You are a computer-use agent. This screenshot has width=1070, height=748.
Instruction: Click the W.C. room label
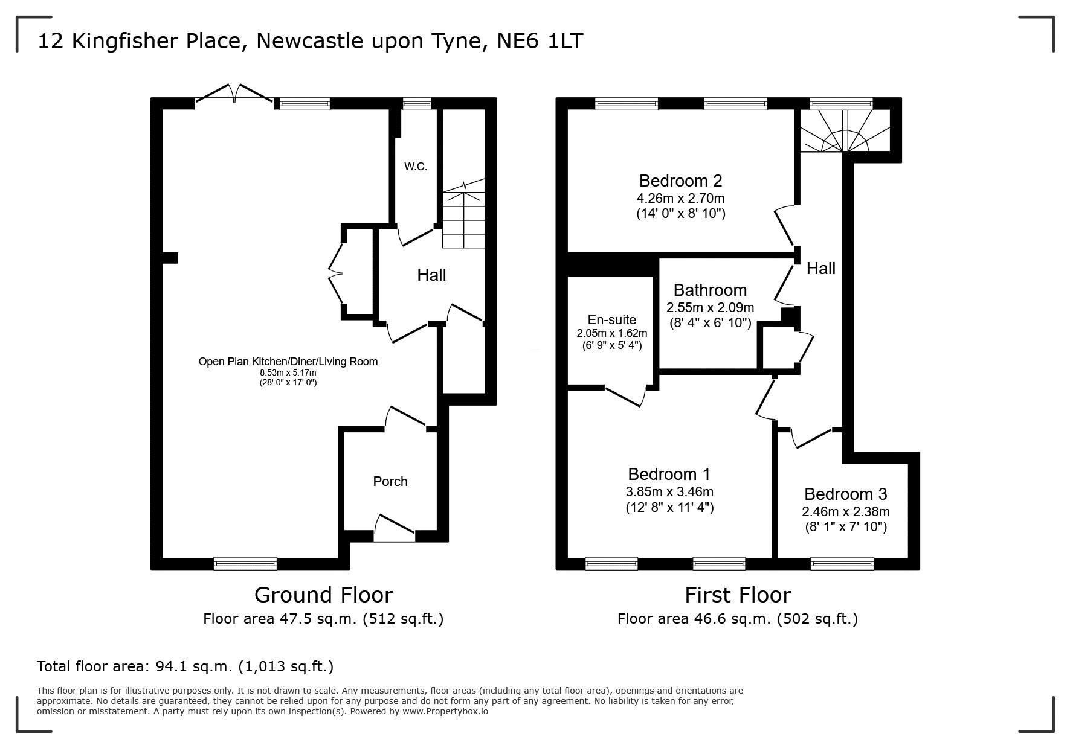pos(416,167)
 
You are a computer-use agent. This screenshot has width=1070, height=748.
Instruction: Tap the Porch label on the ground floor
pos(390,481)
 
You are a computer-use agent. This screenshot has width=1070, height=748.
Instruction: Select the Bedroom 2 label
pos(680,181)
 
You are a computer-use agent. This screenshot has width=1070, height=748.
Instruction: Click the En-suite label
pos(612,320)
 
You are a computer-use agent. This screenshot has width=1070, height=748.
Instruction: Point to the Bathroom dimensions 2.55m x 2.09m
pos(710,307)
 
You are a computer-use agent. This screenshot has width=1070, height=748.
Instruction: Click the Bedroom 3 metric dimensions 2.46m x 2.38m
pos(845,511)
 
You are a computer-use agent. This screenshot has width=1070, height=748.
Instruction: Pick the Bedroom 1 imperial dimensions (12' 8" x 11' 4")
pos(669,508)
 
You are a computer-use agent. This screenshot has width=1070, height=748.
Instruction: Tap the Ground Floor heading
pos(323,595)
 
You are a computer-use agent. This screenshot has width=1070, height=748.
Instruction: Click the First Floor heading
pos(738,595)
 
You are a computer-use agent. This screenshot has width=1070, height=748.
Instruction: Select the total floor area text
pos(185,666)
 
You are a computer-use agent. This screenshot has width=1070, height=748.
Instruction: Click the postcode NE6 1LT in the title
pos(540,41)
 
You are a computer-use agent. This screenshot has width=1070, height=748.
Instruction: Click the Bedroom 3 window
pos(842,563)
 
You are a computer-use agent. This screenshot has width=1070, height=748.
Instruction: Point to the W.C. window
pos(417,104)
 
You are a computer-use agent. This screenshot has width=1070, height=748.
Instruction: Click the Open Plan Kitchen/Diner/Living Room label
pos(288,362)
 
